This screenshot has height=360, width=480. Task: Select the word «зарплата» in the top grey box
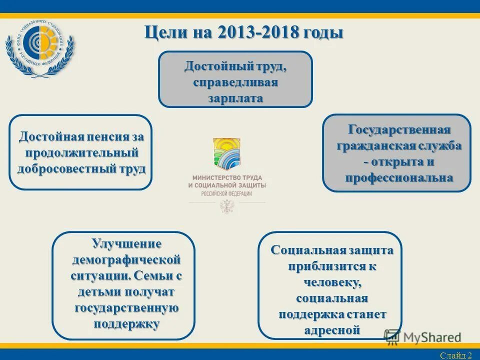[x=235, y=98]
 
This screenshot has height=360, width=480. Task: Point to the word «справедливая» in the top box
[x=235, y=82]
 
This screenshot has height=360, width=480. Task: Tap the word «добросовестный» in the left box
[x=68, y=168]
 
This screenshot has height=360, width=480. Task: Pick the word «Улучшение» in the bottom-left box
[x=126, y=244]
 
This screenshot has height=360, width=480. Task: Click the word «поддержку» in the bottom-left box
[x=126, y=323]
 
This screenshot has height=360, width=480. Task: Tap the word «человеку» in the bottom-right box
[x=332, y=282]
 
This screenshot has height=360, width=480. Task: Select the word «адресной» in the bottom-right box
[x=332, y=329]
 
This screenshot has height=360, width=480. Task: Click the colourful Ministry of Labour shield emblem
[x=226, y=153]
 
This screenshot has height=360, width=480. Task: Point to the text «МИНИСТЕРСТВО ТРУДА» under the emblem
[x=226, y=178]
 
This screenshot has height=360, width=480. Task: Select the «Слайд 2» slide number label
[x=455, y=355]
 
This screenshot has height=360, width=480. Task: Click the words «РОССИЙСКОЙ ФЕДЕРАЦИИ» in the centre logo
[x=226, y=193]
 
